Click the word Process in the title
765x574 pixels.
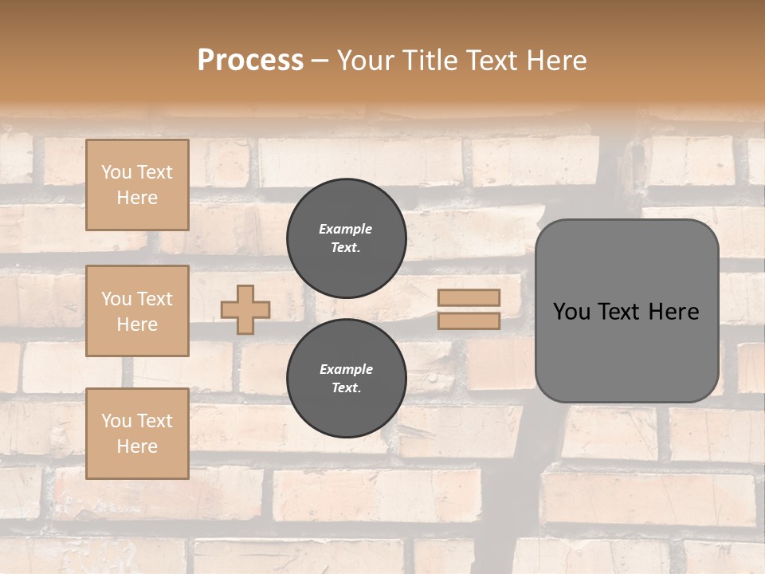coord(250,61)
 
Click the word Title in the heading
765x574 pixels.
coord(430,61)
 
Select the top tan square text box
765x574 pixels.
coord(137,185)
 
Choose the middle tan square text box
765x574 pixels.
coord(137,311)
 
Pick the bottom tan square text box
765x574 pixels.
coord(137,434)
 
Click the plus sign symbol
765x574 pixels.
coord(245,309)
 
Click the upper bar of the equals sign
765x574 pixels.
coord(469,297)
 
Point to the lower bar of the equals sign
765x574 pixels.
coord(469,320)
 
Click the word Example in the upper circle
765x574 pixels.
coord(345,229)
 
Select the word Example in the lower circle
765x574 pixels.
coord(346,369)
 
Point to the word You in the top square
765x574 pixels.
coord(116,172)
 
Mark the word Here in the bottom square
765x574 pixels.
coord(137,446)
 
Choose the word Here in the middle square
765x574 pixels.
coord(137,324)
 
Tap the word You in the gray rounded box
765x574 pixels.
coord(571,312)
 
